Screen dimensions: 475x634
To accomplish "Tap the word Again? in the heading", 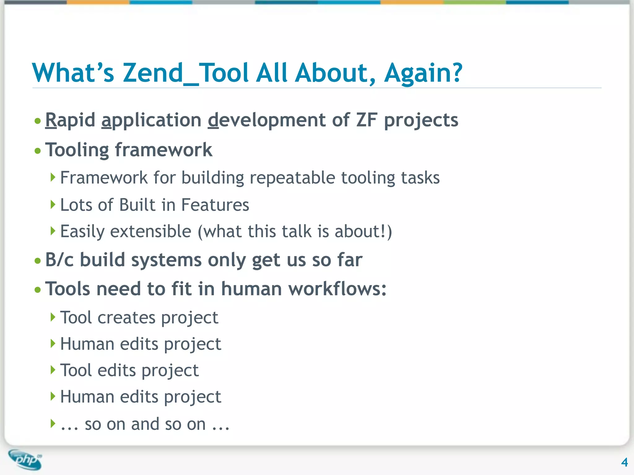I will coord(423,73).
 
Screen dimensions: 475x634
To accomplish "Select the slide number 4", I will coord(624,462).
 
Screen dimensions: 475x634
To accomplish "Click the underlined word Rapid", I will coord(70,120).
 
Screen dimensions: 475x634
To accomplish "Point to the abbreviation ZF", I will coord(367,120).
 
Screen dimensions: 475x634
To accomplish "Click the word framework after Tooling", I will coord(163,150).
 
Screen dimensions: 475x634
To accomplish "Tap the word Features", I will coord(215,205).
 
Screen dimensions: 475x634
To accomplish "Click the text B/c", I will coord(59,260).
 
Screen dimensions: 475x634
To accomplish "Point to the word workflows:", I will coord(337,289).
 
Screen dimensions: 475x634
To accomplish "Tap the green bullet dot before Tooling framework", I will coord(38,151).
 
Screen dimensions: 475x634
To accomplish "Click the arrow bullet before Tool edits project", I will coord(53,370).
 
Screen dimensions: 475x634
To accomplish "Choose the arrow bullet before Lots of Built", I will coord(53,204).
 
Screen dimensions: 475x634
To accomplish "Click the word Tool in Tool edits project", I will coord(76,370).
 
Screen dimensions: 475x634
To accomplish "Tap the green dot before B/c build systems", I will coord(38,261).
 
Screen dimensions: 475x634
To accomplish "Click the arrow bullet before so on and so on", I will coord(53,423).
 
